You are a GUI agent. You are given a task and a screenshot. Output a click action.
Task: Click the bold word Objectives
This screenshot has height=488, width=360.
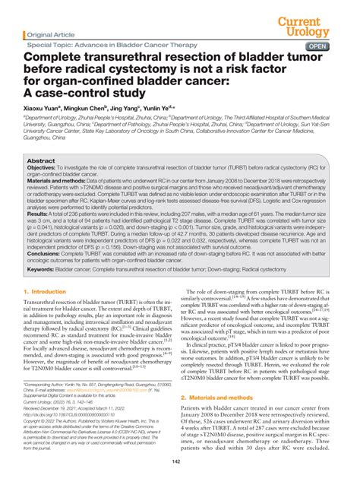click(44, 169)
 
